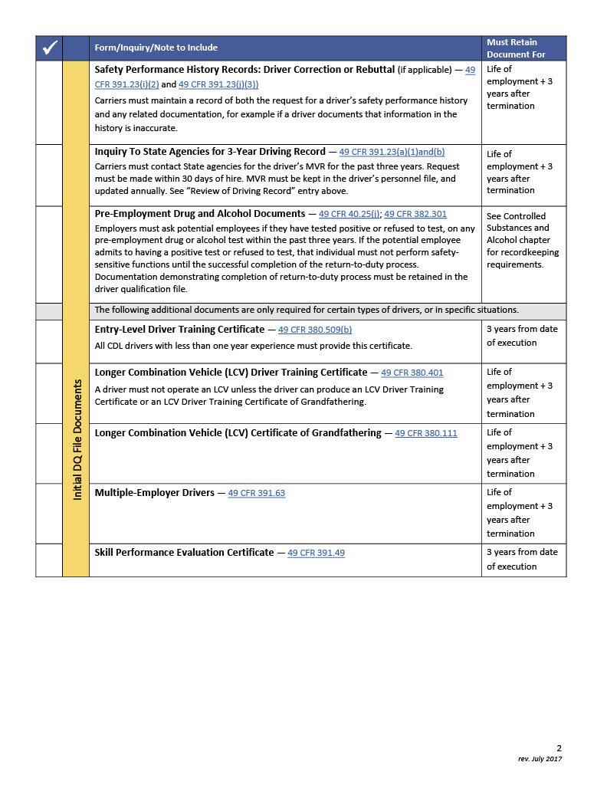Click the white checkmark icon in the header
tap(49, 48)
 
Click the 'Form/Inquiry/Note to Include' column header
tap(156, 48)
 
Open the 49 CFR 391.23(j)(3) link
tap(218, 84)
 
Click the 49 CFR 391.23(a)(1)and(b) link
tap(392, 152)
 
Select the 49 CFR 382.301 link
tap(415, 214)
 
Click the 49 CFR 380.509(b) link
tap(315, 330)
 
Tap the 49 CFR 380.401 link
tap(412, 373)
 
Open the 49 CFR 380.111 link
tap(425, 433)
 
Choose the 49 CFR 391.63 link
tap(256, 493)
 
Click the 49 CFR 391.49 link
tap(316, 553)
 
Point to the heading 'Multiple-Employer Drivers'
tap(154, 493)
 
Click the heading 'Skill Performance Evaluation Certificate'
tap(184, 553)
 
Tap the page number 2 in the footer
tap(559, 748)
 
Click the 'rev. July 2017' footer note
tap(540, 759)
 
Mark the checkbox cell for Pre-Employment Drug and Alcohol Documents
tap(49, 255)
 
